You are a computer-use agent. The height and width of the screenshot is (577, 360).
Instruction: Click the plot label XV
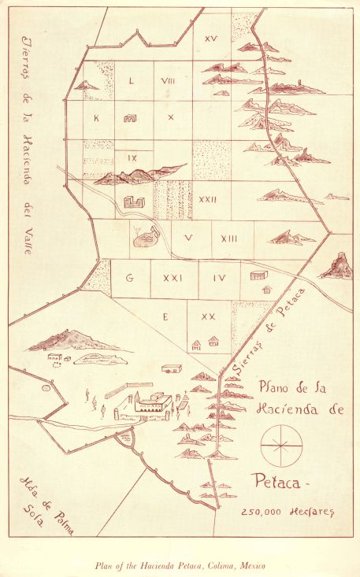tap(210, 39)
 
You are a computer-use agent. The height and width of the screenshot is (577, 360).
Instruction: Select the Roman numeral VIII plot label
tap(168, 81)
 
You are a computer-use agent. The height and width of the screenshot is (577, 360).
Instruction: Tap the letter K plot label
tap(96, 118)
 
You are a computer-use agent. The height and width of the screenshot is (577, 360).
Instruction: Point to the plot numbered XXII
tap(208, 200)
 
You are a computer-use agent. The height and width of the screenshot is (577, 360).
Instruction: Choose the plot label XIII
tap(230, 239)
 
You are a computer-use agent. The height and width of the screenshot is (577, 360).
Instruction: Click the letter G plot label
tap(129, 278)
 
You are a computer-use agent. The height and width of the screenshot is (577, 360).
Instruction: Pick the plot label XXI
tap(172, 278)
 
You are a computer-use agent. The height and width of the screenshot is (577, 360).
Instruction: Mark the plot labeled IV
tap(219, 278)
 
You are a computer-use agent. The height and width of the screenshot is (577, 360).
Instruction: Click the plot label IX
tap(132, 157)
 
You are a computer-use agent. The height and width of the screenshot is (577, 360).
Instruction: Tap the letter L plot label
tap(131, 81)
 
